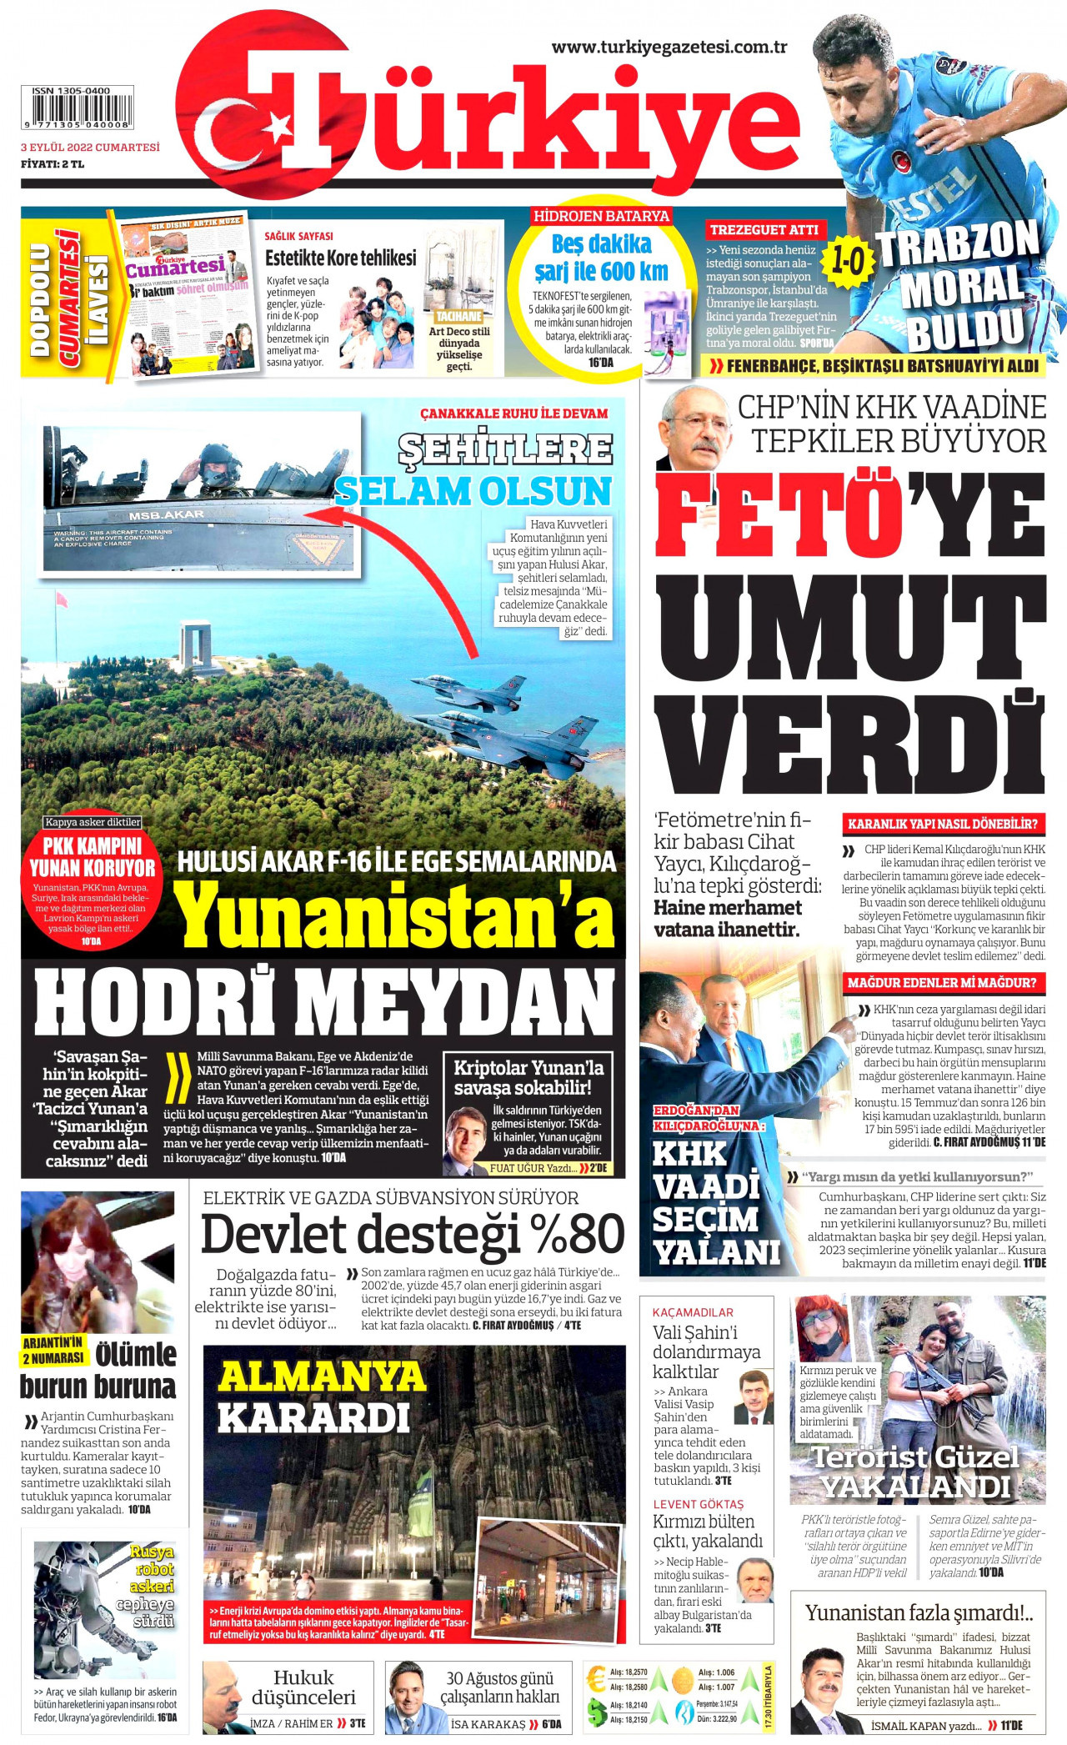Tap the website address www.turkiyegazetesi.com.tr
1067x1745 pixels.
[669, 48]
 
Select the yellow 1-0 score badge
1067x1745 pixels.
[848, 261]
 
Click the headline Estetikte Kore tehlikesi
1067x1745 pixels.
[340, 258]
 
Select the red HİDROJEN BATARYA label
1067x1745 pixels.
[601, 216]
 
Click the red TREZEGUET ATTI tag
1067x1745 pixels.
[764, 230]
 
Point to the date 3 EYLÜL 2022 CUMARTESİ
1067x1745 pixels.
[90, 148]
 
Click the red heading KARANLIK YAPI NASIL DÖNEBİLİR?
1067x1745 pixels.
[942, 824]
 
